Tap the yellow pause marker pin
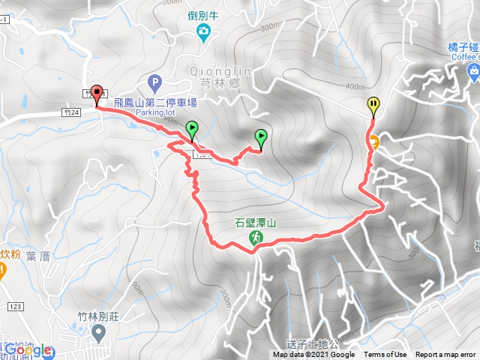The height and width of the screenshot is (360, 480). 373,106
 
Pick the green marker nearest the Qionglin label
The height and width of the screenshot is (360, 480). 261,137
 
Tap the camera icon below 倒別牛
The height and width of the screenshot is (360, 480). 203,31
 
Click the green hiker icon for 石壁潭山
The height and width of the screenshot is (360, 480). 256,238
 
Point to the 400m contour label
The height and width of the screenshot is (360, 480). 354,87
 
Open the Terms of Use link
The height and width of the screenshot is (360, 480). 385,355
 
